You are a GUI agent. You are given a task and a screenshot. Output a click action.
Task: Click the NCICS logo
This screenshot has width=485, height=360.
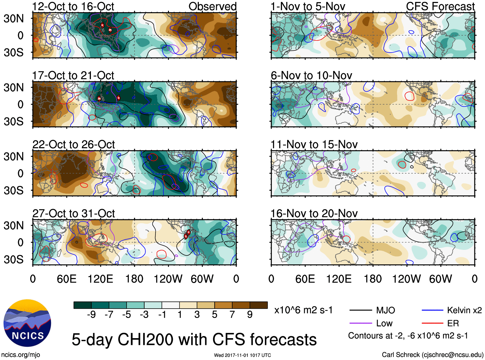tap(27, 323)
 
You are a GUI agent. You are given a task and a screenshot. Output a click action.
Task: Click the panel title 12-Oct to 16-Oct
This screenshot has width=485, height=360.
tap(73, 6)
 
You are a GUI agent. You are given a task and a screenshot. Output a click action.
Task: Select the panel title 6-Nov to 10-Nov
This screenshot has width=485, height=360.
tap(311, 75)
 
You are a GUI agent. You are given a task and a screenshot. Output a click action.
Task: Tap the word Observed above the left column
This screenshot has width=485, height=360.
tap(212, 6)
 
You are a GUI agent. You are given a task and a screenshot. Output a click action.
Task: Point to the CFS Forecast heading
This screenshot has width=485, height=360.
tap(440, 6)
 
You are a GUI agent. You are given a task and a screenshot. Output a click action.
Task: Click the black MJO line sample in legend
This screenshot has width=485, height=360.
tap(361, 310)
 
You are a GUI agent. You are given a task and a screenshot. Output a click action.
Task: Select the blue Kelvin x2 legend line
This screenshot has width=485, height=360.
tap(432, 310)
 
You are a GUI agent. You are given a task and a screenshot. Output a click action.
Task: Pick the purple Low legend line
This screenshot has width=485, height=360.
tap(361, 323)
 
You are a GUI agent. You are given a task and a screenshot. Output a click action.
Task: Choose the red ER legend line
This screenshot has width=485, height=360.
tap(432, 323)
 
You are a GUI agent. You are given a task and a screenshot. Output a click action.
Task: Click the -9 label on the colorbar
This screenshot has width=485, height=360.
tap(91, 315)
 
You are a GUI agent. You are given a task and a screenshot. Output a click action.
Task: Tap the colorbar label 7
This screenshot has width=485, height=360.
tap(232, 315)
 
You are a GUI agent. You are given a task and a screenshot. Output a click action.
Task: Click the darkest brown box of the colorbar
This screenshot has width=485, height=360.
tap(259, 305)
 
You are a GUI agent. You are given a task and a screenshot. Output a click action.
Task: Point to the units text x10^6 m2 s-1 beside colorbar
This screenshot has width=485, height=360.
tap(303, 310)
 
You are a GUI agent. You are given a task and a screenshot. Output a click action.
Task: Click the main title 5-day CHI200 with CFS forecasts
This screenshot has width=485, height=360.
tap(194, 340)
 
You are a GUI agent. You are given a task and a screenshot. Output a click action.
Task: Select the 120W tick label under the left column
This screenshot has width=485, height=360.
tap(168, 279)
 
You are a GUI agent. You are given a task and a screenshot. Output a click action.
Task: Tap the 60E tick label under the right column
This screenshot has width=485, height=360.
tap(305, 279)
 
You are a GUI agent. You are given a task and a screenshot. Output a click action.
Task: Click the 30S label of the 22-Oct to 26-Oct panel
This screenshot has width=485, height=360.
tap(13, 190)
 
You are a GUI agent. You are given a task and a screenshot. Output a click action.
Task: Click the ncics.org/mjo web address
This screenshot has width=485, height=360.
tap(21, 355)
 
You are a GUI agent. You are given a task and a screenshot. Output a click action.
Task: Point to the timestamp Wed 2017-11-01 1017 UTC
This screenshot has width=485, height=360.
tap(242, 355)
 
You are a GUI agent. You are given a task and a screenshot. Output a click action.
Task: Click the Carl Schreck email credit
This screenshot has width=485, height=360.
tap(432, 355)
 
